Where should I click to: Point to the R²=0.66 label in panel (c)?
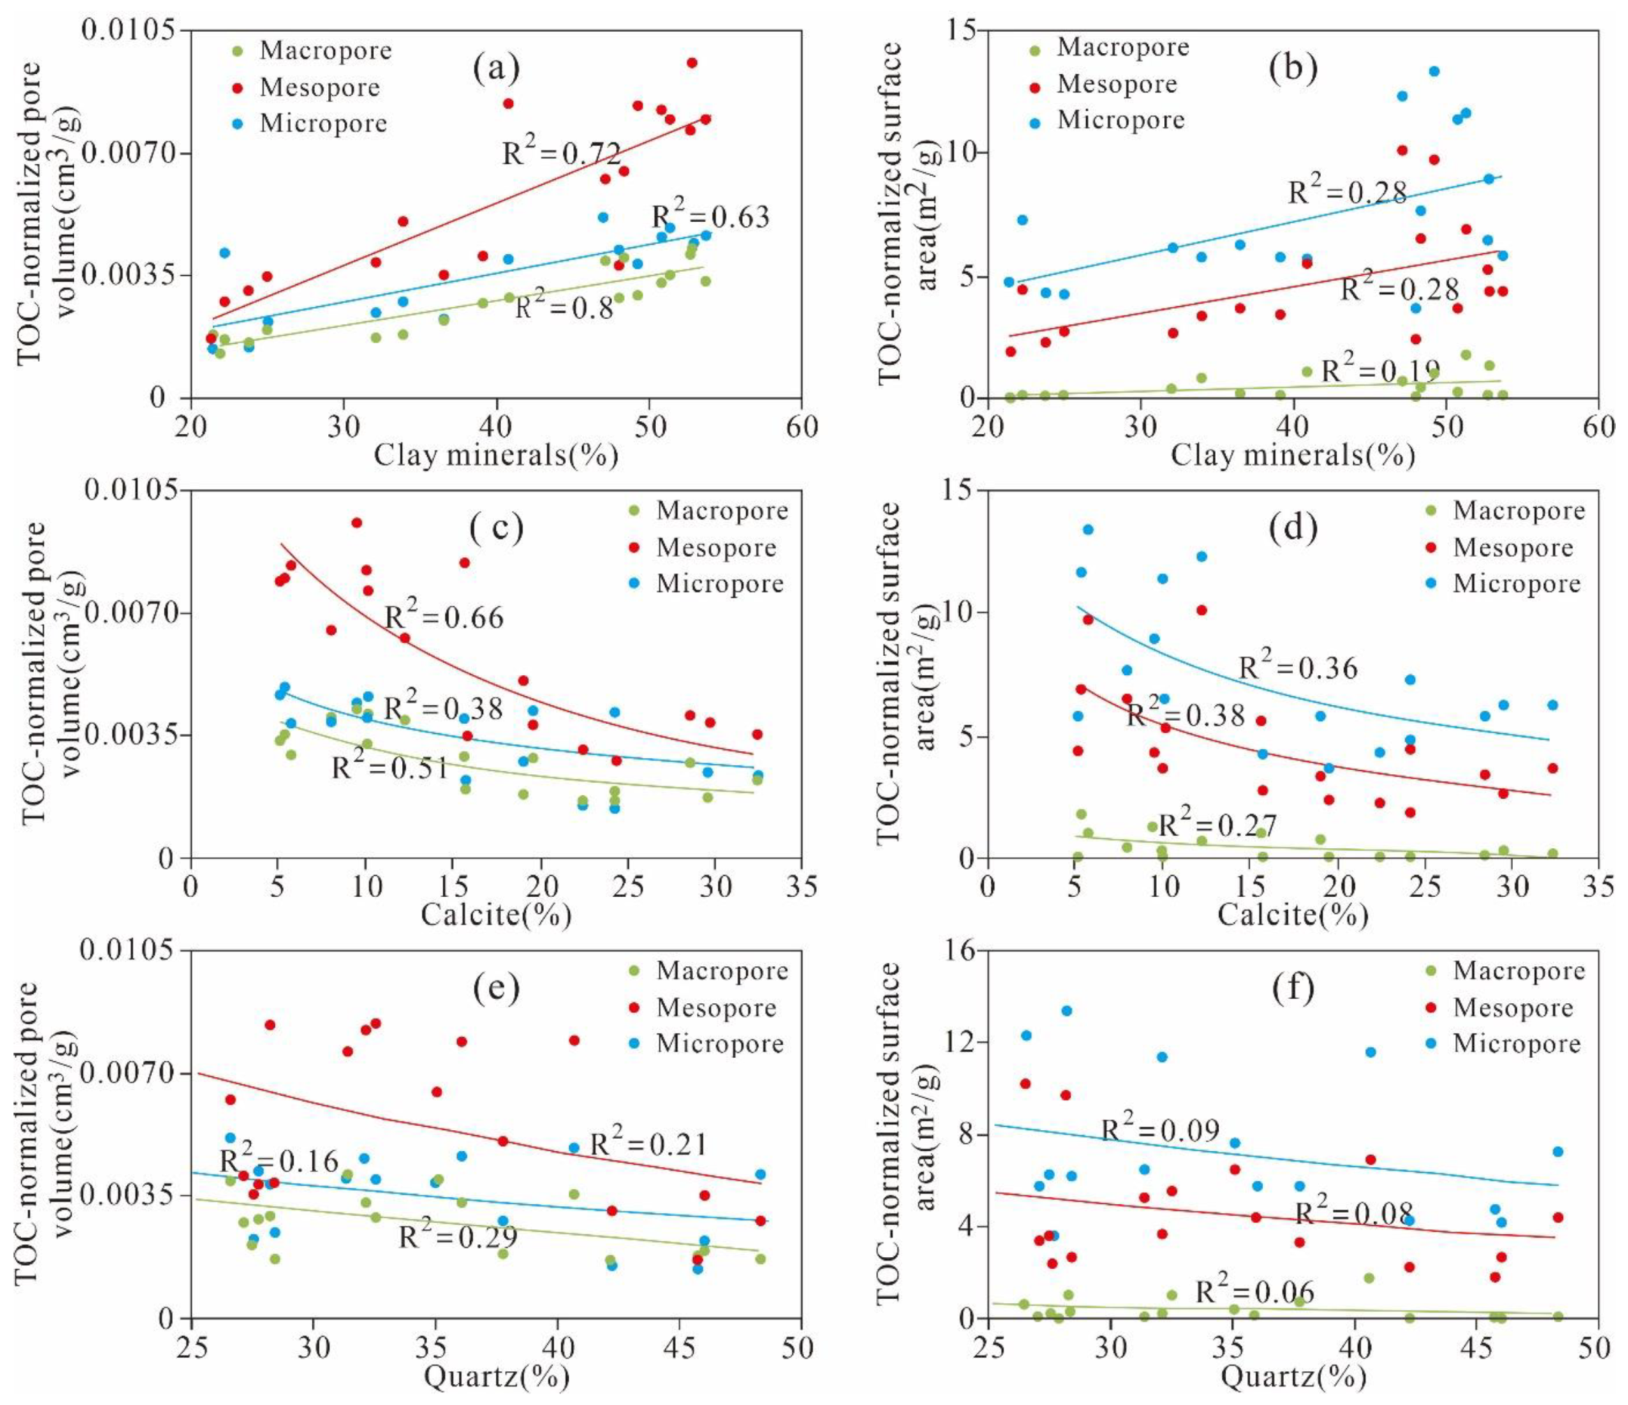click(444, 617)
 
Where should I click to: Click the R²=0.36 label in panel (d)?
click(1298, 668)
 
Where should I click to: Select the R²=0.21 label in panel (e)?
click(649, 1144)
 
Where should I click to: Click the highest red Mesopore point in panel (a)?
click(692, 63)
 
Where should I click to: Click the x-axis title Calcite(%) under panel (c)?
click(496, 914)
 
